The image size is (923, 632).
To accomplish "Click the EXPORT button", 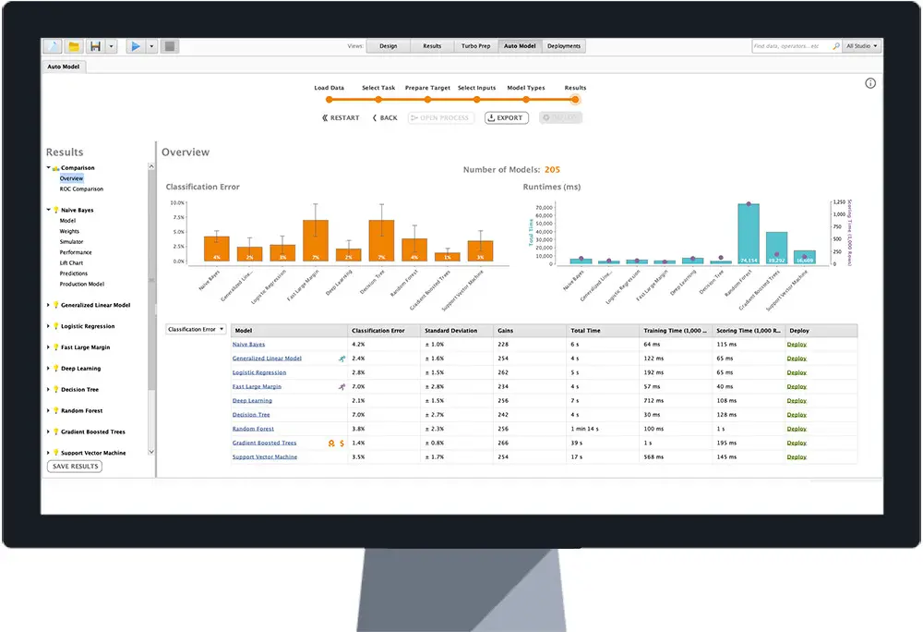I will pos(507,118).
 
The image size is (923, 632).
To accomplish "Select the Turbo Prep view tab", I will pos(477,45).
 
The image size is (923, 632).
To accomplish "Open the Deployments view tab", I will pos(564,45).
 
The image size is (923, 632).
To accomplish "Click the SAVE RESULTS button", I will pos(74,467).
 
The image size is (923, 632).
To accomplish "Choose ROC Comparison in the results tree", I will pos(81,188).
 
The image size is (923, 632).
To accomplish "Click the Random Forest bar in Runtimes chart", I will pos(749,235).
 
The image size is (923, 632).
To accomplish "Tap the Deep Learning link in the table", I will pos(252,401).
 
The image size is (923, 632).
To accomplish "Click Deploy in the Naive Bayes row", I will pos(797,345).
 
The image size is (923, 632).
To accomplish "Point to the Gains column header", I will pos(506,330).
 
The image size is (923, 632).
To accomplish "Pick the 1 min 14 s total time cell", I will pos(585,429).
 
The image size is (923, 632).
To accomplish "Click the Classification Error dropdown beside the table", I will pos(196,329).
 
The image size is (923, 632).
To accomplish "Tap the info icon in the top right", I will pos(869,83).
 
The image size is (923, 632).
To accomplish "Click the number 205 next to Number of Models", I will pos(552,170).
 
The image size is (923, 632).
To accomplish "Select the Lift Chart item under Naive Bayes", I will pos(71,263).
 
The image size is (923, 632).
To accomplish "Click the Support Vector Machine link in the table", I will pos(264,456).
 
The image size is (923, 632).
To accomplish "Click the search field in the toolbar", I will pos(791,45).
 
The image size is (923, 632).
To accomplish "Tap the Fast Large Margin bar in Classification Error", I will pos(316,241).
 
